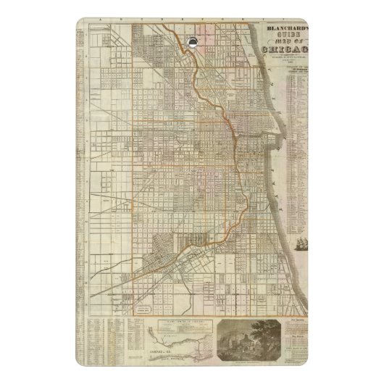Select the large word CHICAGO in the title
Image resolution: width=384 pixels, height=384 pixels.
pyautogui.click(x=288, y=49)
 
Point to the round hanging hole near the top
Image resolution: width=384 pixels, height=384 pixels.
pyautogui.click(x=191, y=41)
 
